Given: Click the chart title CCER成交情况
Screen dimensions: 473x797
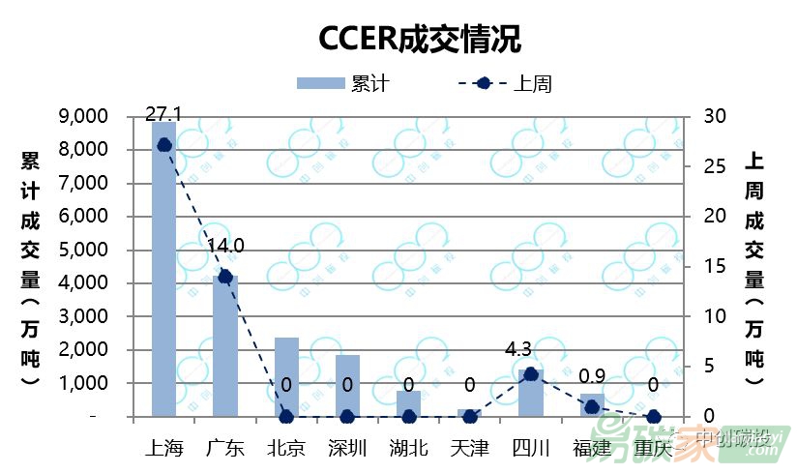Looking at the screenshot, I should (x=420, y=39).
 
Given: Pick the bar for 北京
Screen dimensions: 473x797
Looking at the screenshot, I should (x=286, y=377).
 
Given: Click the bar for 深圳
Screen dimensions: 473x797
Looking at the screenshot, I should (x=347, y=386).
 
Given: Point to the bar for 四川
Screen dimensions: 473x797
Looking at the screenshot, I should (x=530, y=394).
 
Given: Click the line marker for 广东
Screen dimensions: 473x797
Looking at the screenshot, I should (x=225, y=277).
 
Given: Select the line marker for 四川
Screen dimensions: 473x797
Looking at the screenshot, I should (x=530, y=373).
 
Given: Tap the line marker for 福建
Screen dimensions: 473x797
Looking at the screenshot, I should (x=591, y=407).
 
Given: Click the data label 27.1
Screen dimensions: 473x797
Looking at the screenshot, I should (x=164, y=114).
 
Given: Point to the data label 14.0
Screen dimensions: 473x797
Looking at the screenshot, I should (x=225, y=246).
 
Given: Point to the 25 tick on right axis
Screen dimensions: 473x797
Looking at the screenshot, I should (x=703, y=166).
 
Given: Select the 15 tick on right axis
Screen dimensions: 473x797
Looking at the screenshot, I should (x=703, y=266).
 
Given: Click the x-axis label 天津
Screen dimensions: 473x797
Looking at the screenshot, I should (x=469, y=448).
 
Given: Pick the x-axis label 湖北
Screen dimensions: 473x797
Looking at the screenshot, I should (x=408, y=448).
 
